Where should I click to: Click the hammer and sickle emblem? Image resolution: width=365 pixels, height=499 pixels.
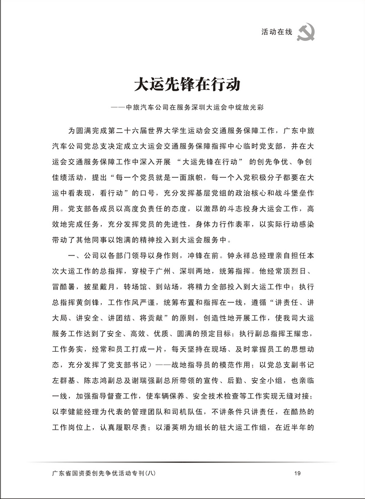(305, 33)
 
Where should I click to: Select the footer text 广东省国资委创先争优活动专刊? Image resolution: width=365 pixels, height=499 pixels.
(100, 473)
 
